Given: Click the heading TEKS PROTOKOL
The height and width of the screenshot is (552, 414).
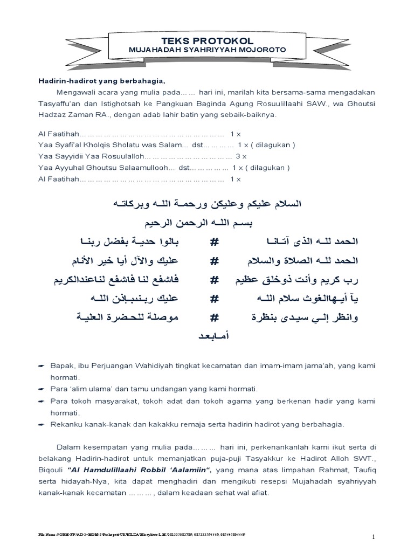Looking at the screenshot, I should pyautogui.click(x=208, y=41).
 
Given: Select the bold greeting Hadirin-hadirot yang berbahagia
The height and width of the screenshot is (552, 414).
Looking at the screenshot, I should pyautogui.click(x=101, y=81).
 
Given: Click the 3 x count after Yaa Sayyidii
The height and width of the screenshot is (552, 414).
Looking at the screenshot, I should pyautogui.click(x=241, y=156).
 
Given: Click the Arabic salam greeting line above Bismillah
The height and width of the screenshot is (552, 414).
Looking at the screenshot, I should pyautogui.click(x=207, y=204).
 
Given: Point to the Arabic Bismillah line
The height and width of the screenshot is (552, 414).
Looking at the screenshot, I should pyautogui.click(x=207, y=222).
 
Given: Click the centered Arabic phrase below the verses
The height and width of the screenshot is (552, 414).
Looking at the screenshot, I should pyautogui.click(x=207, y=336).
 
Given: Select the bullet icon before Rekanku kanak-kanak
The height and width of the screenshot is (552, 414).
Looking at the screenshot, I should pyautogui.click(x=42, y=424).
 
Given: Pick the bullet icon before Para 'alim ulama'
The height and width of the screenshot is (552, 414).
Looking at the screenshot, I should pyautogui.click(x=42, y=389).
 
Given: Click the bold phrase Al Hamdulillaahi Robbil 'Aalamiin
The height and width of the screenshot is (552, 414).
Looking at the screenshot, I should pyautogui.click(x=128, y=469).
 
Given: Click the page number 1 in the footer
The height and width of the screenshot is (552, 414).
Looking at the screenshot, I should pyautogui.click(x=372, y=537).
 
